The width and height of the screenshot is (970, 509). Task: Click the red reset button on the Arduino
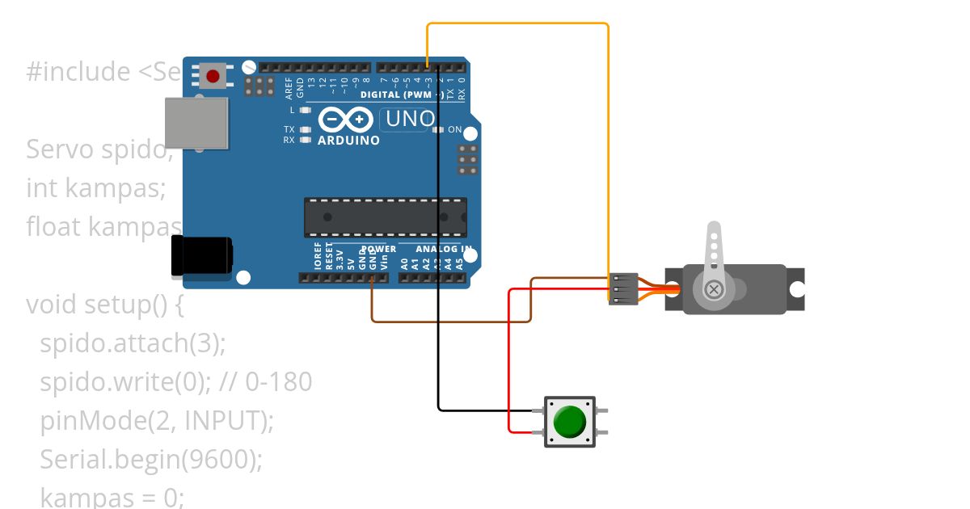(x=213, y=76)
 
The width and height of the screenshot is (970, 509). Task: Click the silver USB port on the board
(x=196, y=123)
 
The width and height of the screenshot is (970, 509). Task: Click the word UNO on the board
(x=410, y=119)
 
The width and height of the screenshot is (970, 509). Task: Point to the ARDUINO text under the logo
(x=348, y=141)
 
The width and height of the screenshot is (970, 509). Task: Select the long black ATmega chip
(x=385, y=217)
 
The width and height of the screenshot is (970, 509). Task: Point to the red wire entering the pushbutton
(x=509, y=364)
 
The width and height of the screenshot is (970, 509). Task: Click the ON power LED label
(x=454, y=129)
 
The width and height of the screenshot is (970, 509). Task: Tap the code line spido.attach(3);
(x=133, y=343)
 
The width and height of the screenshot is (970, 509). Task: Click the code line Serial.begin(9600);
(x=151, y=459)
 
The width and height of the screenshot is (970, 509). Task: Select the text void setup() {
(x=106, y=305)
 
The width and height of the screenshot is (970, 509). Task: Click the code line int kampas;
(x=95, y=188)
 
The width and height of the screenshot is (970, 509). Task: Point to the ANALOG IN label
(x=444, y=249)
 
